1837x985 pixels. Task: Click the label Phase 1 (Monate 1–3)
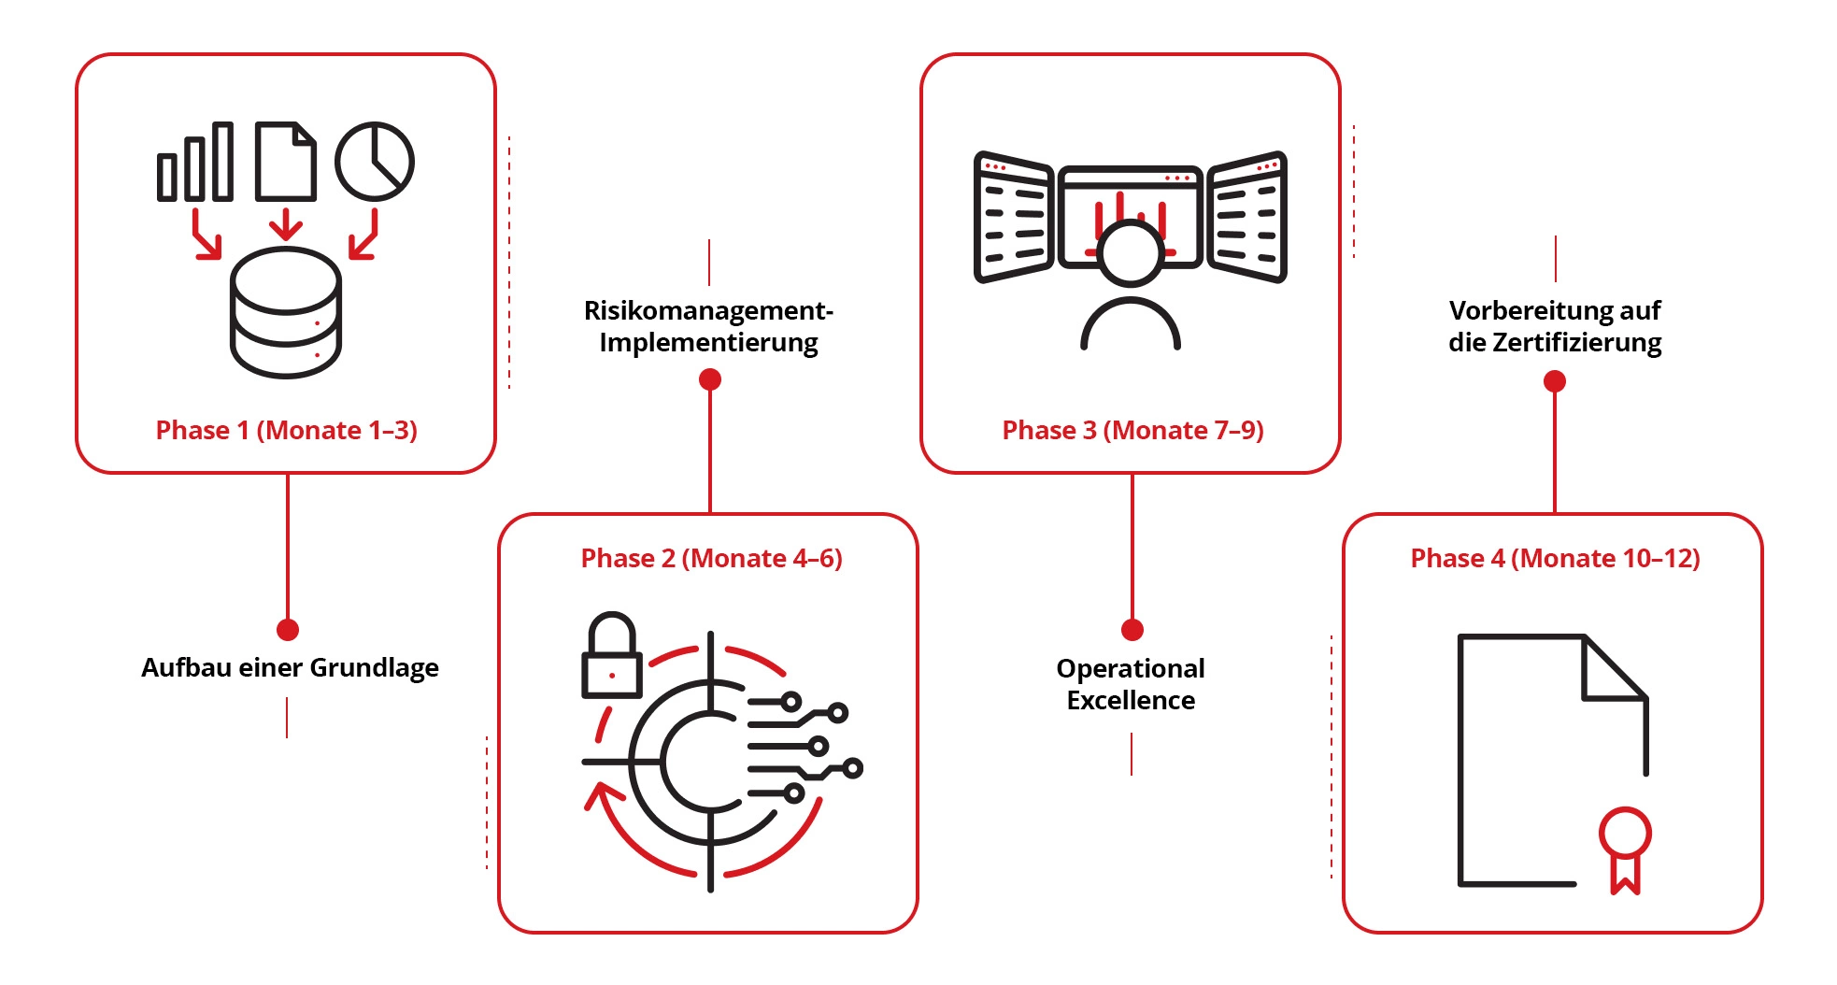point(286,430)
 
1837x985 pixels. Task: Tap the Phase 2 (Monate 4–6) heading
point(711,558)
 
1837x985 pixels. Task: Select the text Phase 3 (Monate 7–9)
point(1132,430)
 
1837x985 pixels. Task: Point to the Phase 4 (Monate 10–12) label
point(1555,558)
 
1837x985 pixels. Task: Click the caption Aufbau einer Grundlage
point(290,667)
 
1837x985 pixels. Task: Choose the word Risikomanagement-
point(708,310)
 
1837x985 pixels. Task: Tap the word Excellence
point(1131,700)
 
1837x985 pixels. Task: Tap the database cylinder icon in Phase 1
point(286,313)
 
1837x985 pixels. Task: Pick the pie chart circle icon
point(375,161)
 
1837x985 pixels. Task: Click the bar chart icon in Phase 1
point(195,162)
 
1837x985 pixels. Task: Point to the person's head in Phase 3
point(1131,252)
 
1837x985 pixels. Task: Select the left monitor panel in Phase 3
point(1014,217)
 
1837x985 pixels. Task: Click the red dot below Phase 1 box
point(288,630)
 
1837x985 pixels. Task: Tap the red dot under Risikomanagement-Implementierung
point(710,379)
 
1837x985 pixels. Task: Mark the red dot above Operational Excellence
point(1132,630)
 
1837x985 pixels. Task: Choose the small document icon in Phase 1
point(286,162)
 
